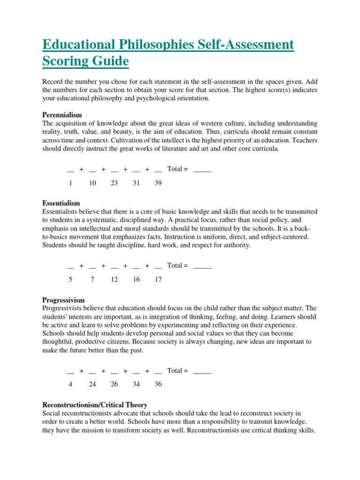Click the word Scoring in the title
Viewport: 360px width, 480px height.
click(x=65, y=61)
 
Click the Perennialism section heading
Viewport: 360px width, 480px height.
click(x=62, y=115)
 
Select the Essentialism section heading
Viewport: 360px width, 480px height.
click(x=61, y=203)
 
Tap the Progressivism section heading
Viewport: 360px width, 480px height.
click(x=63, y=300)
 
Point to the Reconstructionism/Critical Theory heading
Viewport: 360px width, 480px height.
click(x=95, y=405)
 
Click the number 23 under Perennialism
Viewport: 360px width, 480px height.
click(x=114, y=183)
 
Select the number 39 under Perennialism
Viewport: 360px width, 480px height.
click(x=158, y=183)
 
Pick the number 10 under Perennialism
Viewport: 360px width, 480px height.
click(x=92, y=183)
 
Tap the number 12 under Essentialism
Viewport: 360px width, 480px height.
click(x=114, y=279)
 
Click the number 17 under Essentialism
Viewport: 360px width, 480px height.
click(x=158, y=279)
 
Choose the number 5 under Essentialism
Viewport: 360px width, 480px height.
click(x=70, y=279)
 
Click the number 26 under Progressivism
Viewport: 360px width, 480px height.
click(x=114, y=384)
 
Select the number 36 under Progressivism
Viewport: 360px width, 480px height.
click(x=158, y=384)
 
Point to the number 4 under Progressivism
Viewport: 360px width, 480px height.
click(x=70, y=384)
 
